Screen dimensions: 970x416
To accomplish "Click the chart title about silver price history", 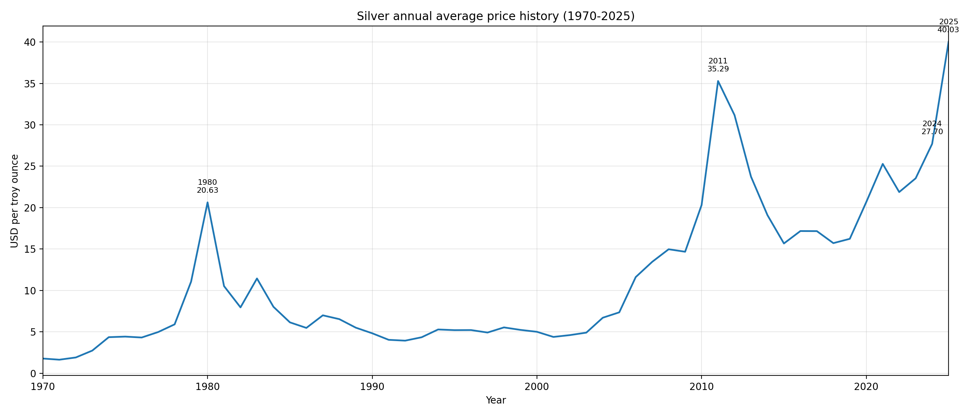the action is (x=495, y=16).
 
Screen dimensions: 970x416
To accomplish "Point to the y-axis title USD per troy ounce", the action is (x=15, y=201).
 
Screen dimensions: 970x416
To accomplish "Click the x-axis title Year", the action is (x=495, y=400).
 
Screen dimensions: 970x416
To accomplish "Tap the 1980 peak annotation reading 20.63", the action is (x=208, y=187).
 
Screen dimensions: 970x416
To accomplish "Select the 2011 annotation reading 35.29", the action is (x=718, y=65).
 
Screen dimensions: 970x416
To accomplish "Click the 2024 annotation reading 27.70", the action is (x=932, y=128).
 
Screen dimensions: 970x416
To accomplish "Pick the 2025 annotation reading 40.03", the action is (x=948, y=26).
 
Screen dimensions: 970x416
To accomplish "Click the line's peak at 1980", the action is (x=208, y=202).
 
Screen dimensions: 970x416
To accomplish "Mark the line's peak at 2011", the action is (x=718, y=81).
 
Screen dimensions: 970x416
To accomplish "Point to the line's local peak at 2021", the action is (x=883, y=164).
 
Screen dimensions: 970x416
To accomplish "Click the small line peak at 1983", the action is (x=257, y=278).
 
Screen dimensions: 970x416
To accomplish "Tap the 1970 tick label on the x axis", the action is (x=43, y=387).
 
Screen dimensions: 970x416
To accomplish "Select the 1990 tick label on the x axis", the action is (x=372, y=387).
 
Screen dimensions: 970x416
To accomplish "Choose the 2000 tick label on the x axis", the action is (x=537, y=387).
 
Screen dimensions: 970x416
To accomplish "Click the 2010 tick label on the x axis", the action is (x=702, y=387).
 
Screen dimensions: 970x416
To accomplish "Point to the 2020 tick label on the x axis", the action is (x=866, y=387).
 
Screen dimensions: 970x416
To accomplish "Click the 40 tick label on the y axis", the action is (x=30, y=42).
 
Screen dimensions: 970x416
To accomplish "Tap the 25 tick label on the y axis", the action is (x=30, y=166).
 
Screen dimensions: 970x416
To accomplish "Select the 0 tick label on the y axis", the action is (x=33, y=373).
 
